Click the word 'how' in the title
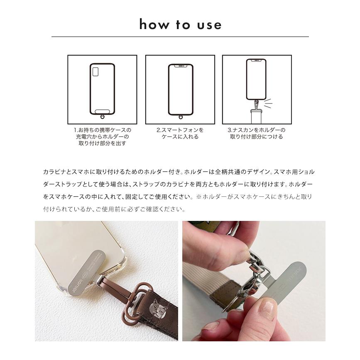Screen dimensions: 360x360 [x=152, y=24]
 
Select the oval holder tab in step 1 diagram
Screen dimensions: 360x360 [x=103, y=111]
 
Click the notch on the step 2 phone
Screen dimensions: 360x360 [x=180, y=66]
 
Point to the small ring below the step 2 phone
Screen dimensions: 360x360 [x=180, y=118]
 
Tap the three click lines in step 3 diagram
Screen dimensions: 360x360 [x=268, y=103]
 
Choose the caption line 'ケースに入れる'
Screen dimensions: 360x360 [x=180, y=137]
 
